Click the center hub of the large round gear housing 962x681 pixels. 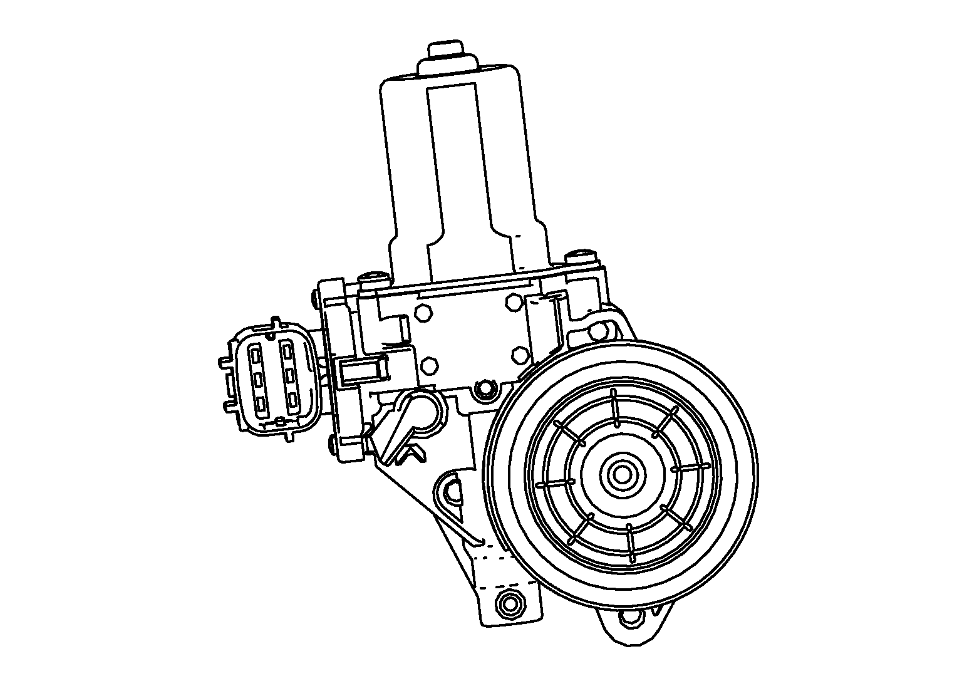click(x=623, y=475)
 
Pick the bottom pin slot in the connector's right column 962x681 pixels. click(x=291, y=400)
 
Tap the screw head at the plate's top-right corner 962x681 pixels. click(x=579, y=257)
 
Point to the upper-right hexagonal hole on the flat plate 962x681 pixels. click(x=513, y=302)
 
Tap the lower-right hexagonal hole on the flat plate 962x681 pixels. click(x=520, y=355)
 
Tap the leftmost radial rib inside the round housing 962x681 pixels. click(x=555, y=483)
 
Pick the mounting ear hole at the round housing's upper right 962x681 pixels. click(x=599, y=330)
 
